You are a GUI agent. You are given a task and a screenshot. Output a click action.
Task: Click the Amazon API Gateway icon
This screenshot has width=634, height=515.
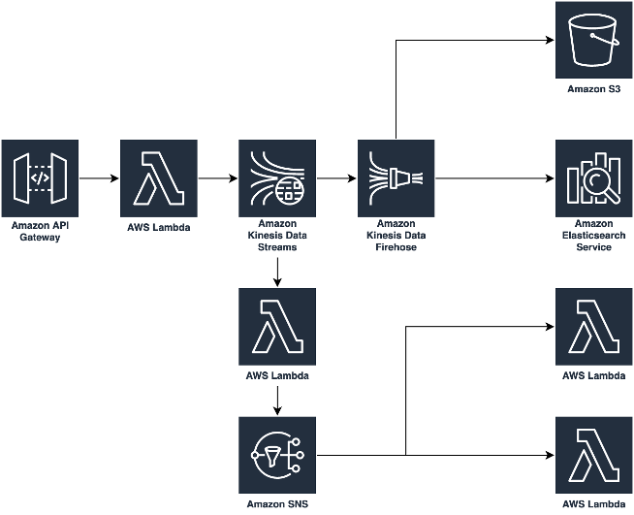point(40,178)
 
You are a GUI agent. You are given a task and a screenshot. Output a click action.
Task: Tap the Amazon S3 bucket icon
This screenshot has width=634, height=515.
point(593,40)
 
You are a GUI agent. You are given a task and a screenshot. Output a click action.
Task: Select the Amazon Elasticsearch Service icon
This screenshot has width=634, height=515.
point(593,178)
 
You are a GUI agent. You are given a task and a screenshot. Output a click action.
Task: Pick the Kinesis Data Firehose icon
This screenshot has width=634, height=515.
point(396,178)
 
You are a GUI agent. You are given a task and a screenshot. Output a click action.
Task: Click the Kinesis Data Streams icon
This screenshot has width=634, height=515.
point(277,178)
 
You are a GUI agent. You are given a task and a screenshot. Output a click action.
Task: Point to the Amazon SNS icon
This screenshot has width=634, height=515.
point(277,455)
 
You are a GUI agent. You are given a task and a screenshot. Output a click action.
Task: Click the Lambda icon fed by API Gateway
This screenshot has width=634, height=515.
point(158,178)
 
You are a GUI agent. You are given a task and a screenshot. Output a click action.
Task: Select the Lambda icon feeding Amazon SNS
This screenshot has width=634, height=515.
point(277,326)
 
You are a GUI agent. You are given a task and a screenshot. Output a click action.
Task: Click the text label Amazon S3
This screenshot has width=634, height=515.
point(593,88)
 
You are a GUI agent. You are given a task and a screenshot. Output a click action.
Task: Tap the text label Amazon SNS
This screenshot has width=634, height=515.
point(277,504)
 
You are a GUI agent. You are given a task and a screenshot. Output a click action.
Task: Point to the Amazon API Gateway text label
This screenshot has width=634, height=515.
point(40,231)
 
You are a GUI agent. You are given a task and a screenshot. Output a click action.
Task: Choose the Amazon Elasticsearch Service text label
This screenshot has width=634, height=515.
point(593,236)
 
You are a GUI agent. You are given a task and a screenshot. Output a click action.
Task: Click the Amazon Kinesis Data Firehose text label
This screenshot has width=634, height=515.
point(396,236)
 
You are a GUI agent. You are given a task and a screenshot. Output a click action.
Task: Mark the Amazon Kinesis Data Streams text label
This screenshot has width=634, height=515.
point(277,236)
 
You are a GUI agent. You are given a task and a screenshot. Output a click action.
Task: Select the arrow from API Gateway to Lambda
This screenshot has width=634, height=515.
point(99,178)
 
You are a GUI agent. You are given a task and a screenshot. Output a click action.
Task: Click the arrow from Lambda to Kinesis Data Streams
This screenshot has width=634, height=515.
point(217,178)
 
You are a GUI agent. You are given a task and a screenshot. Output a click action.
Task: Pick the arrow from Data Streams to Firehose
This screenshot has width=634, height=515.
point(336,178)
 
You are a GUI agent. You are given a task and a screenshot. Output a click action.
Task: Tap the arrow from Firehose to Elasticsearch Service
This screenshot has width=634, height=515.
point(494,178)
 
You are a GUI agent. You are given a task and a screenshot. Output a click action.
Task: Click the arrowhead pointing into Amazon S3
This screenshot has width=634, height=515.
point(549,40)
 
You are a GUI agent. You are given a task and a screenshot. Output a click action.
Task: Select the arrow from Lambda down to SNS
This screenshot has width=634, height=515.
point(277,399)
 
